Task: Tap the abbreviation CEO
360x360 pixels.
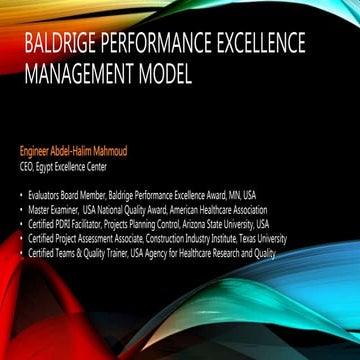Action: coord(28,166)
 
